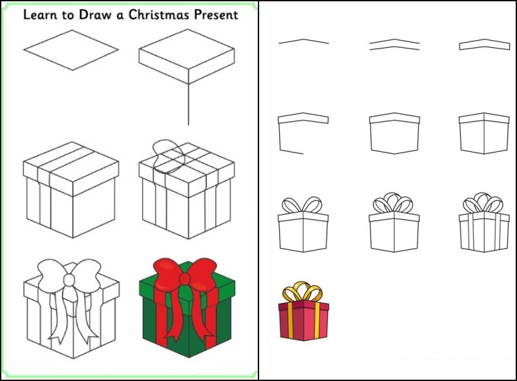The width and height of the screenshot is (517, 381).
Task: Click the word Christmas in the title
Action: click(x=159, y=14)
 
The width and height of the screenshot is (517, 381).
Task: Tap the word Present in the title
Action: click(x=216, y=14)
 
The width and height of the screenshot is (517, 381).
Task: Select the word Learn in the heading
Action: click(x=40, y=14)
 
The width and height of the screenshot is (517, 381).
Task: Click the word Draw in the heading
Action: click(x=95, y=14)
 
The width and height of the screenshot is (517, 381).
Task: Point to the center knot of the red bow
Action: click(x=185, y=279)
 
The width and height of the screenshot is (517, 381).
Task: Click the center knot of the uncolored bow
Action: click(x=70, y=280)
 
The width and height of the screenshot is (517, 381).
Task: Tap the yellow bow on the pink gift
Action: click(x=302, y=291)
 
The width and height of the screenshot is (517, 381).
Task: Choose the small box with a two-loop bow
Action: click(x=303, y=225)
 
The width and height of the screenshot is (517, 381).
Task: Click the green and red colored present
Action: click(x=187, y=308)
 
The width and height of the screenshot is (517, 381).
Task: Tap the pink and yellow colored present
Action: click(x=304, y=311)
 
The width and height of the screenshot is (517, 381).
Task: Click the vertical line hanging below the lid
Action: click(x=188, y=104)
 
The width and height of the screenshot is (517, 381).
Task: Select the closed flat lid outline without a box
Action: click(x=484, y=45)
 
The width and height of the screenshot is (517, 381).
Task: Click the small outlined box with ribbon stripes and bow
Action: click(x=484, y=223)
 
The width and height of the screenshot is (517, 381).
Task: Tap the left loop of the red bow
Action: click(x=166, y=273)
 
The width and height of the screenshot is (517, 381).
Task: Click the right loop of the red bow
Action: click(x=204, y=273)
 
